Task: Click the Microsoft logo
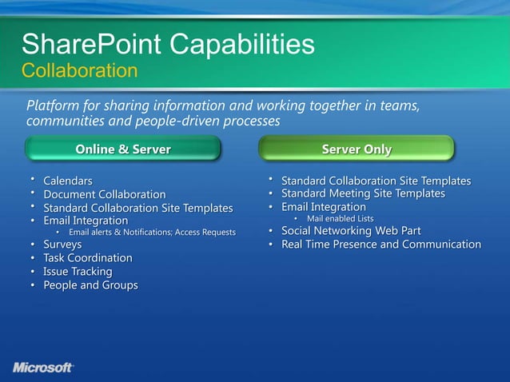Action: (x=43, y=367)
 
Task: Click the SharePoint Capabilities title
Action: (x=167, y=44)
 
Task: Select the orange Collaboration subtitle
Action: (x=79, y=71)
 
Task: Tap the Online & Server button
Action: (x=122, y=149)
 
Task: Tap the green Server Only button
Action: (x=357, y=149)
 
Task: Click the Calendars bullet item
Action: (x=67, y=181)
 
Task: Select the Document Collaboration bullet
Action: (x=104, y=194)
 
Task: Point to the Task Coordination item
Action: (x=87, y=258)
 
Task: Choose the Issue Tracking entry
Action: (x=78, y=272)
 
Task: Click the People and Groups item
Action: (x=90, y=285)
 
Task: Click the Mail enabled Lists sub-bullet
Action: (x=340, y=219)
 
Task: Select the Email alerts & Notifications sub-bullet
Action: (x=152, y=233)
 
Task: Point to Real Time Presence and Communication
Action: (x=381, y=244)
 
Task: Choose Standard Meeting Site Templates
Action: (x=363, y=193)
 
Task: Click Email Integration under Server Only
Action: (x=323, y=207)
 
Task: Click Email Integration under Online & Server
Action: (x=85, y=220)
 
